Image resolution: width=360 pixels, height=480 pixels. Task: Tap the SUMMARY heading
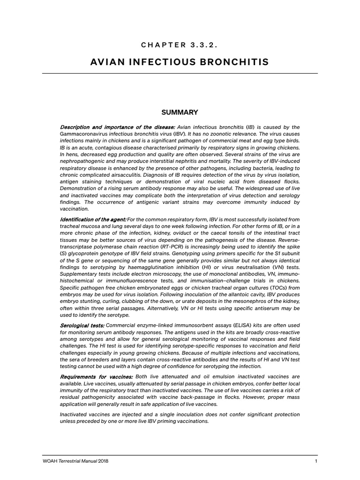pyautogui.click(x=180, y=112)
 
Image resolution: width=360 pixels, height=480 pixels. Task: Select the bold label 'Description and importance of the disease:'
pyautogui.click(x=117, y=127)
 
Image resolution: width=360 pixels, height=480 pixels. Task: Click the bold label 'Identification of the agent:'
pyautogui.click(x=93, y=219)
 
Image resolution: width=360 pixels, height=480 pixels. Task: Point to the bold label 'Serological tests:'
pyautogui.click(x=82, y=325)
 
